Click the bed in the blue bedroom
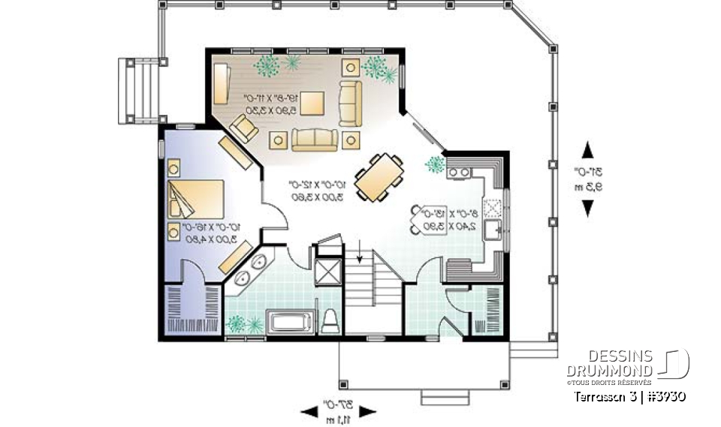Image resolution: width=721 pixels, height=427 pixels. (x=196, y=199)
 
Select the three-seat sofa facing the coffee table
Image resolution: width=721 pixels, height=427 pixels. (x=315, y=139)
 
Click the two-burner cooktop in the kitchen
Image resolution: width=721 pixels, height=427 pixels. (x=460, y=172)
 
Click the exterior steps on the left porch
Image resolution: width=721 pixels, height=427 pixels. (x=140, y=90)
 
